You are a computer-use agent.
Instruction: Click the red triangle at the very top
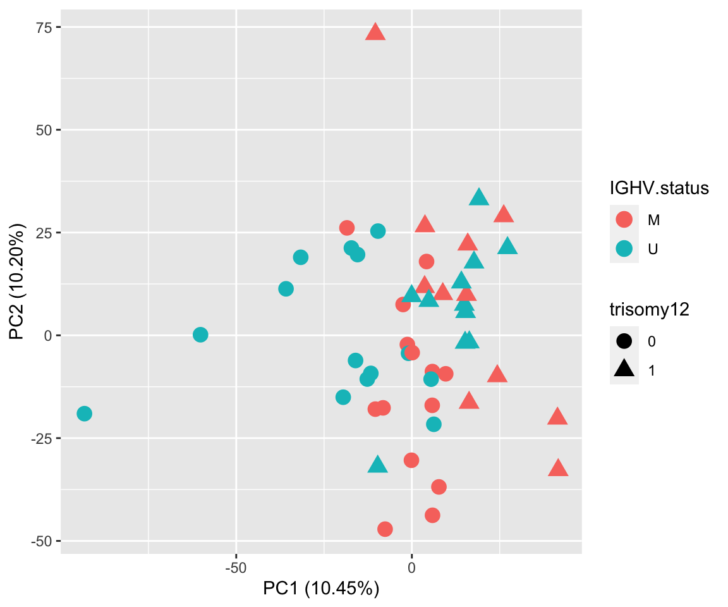(x=375, y=32)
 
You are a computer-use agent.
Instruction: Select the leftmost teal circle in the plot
(x=84, y=414)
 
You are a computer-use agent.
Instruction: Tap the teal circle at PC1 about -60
(x=200, y=334)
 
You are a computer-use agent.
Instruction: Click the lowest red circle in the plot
(x=385, y=529)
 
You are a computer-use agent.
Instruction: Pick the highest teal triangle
(x=479, y=197)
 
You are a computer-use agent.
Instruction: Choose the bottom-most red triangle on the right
(x=558, y=469)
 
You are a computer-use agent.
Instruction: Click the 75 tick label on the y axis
(x=45, y=27)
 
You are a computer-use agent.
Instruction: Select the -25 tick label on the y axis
(x=42, y=438)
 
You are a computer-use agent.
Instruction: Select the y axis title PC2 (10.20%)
(x=18, y=281)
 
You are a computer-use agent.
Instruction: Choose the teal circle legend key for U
(x=624, y=250)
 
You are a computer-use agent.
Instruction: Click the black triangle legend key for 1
(x=624, y=371)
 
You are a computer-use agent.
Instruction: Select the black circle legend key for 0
(x=624, y=341)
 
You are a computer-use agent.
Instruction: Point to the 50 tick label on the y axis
(x=45, y=130)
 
